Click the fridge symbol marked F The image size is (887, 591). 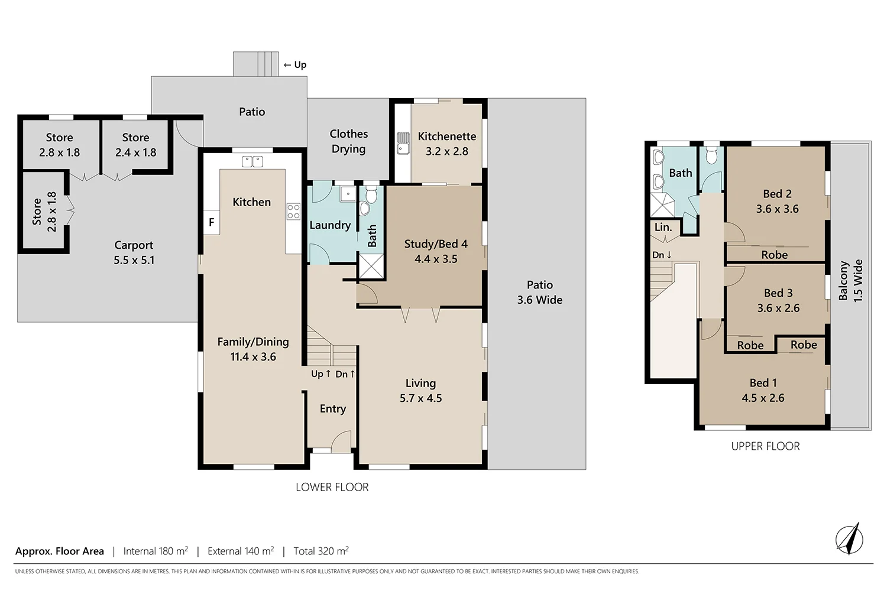[211, 223]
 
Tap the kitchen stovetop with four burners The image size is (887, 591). [293, 212]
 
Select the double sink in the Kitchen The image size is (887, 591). [252, 161]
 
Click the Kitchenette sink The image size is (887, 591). [403, 143]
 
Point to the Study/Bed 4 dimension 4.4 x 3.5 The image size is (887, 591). [436, 259]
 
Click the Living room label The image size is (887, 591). [420, 383]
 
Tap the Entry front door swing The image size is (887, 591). [342, 441]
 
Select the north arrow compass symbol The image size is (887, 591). [849, 539]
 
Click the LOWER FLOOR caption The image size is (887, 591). [332, 487]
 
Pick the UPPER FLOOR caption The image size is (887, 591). [765, 446]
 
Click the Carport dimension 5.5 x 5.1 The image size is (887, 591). [134, 260]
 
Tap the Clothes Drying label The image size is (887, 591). [348, 141]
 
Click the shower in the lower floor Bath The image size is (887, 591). [371, 266]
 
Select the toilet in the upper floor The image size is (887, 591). [711, 155]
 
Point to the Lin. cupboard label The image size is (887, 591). [663, 228]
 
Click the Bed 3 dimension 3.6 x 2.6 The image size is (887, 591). [778, 308]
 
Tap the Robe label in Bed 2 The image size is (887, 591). [774, 255]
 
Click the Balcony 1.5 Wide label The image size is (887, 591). [851, 281]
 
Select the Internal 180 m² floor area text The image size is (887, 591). [156, 551]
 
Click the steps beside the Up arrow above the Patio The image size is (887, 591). [256, 64]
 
